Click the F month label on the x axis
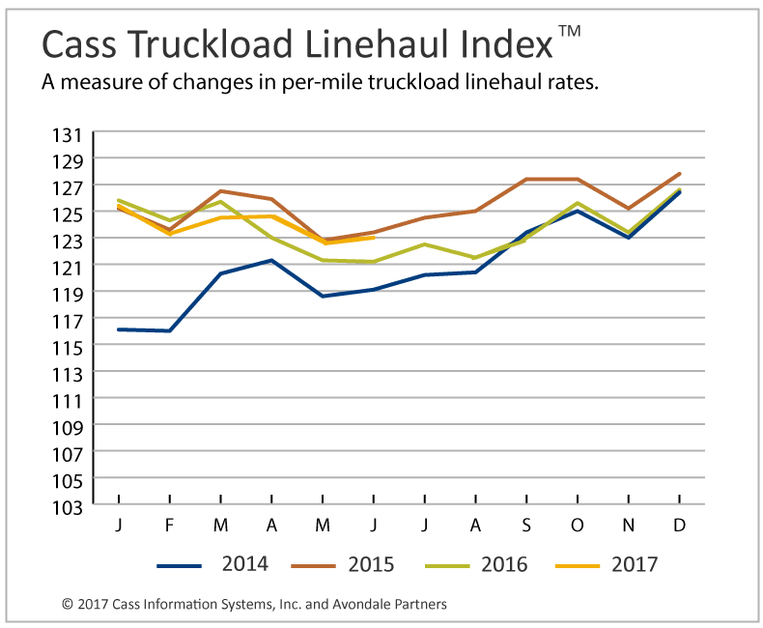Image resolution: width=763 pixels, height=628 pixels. [170, 524]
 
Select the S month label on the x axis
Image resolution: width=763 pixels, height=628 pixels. [526, 524]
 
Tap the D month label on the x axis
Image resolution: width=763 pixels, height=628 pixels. [680, 524]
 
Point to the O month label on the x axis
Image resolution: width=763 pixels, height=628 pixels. [578, 524]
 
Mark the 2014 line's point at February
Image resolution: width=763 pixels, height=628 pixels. [170, 330]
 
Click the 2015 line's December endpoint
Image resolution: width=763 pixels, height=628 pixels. [680, 174]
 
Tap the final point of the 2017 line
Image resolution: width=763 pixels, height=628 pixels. [374, 237]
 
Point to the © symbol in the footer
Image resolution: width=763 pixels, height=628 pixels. [67, 605]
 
